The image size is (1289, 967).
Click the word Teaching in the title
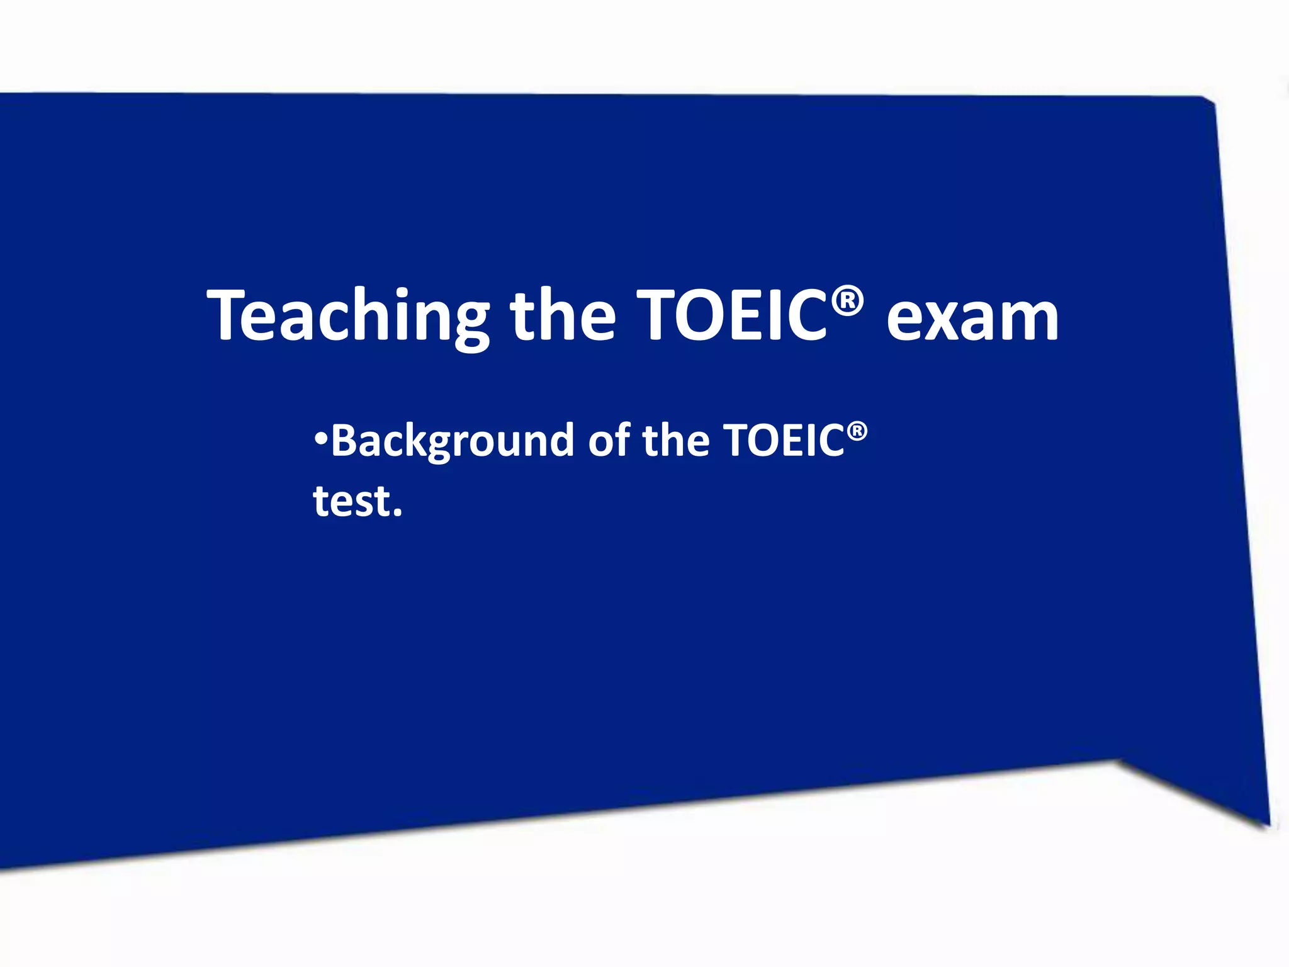(x=348, y=316)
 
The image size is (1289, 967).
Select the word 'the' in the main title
(x=562, y=315)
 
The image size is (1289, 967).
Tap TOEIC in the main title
(x=731, y=315)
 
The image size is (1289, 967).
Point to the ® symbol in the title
(x=847, y=302)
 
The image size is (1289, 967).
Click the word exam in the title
(x=972, y=318)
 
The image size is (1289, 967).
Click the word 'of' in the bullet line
(x=609, y=440)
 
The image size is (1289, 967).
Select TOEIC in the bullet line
(x=784, y=440)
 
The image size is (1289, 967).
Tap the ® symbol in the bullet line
(x=857, y=432)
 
